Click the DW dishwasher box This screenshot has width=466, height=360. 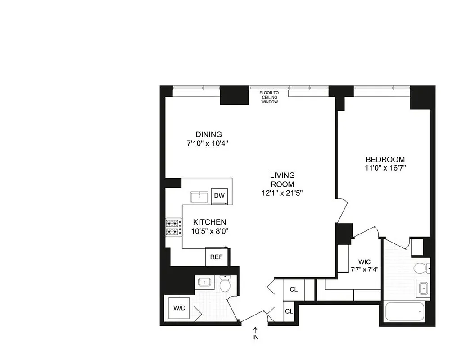219,196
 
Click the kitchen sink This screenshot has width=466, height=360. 198,197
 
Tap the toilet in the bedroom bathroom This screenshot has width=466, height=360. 421,268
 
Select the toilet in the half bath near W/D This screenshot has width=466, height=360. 225,284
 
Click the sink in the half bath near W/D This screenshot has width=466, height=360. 204,283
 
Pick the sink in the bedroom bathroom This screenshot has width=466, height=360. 423,288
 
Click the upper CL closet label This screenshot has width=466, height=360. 294,289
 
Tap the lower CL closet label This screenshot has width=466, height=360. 289,311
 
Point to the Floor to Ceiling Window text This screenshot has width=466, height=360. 269,97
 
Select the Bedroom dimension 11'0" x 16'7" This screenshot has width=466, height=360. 385,168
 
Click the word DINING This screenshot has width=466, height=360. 208,135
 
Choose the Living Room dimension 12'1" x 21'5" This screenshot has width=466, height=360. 282,193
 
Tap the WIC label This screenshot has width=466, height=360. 365,261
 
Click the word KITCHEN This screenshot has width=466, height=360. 209,222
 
